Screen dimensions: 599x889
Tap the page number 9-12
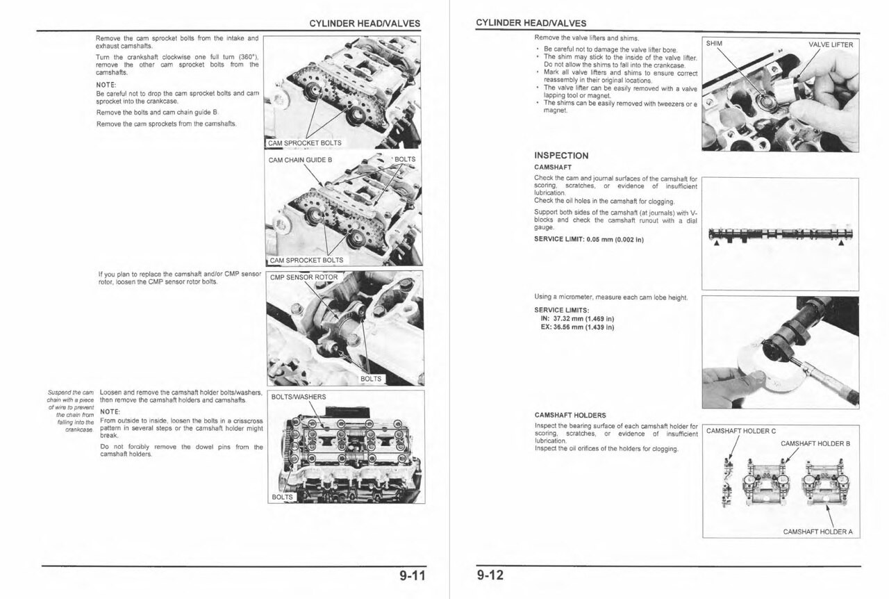click(490, 575)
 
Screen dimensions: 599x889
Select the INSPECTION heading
click(561, 156)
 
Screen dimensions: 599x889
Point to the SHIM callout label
click(714, 44)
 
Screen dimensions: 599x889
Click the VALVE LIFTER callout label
click(831, 44)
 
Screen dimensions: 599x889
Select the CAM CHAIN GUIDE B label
click(300, 160)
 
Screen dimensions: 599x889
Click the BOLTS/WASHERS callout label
click(298, 397)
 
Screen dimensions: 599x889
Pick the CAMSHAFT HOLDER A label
click(817, 532)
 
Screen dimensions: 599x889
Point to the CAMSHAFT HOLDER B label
click(815, 443)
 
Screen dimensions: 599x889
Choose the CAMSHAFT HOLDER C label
click(740, 431)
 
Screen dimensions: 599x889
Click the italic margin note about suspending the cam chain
click(71, 411)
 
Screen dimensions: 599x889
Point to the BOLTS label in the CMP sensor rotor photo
click(371, 379)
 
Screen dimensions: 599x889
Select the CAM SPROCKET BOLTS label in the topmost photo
click(305, 143)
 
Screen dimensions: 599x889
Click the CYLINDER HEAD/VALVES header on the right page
click(531, 24)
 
